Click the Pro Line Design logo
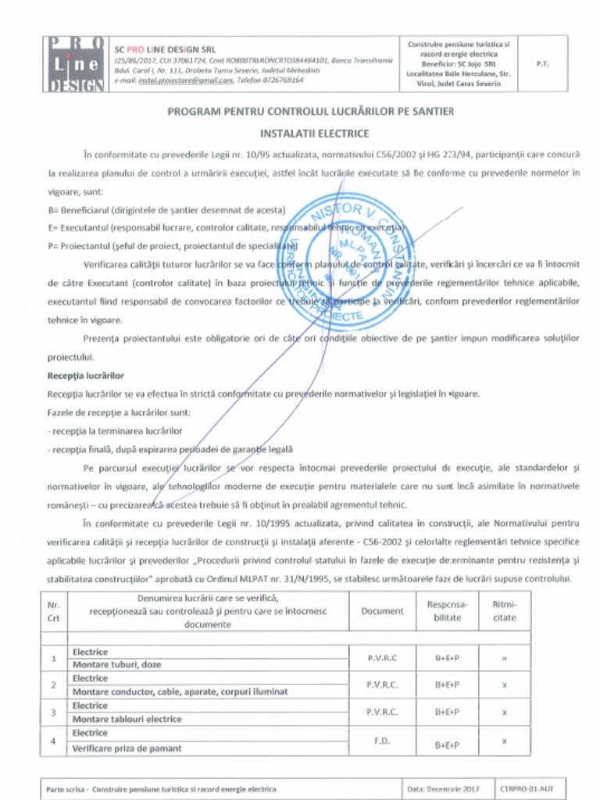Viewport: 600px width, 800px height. [x=74, y=64]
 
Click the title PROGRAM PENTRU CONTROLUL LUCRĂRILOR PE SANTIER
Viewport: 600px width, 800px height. [x=310, y=112]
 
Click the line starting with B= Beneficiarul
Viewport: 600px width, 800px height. [x=166, y=210]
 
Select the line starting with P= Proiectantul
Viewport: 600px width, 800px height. [x=170, y=245]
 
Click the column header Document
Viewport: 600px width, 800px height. [x=382, y=611]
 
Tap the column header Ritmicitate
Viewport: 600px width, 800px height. [x=505, y=611]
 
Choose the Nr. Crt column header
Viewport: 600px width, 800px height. [x=54, y=611]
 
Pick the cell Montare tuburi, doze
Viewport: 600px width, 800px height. [x=117, y=665]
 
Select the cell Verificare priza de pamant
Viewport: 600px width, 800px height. [x=127, y=748]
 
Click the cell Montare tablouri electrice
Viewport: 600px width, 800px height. [x=127, y=720]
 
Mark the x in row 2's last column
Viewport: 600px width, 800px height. [x=505, y=684]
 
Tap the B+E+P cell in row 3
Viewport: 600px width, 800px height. [x=448, y=712]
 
